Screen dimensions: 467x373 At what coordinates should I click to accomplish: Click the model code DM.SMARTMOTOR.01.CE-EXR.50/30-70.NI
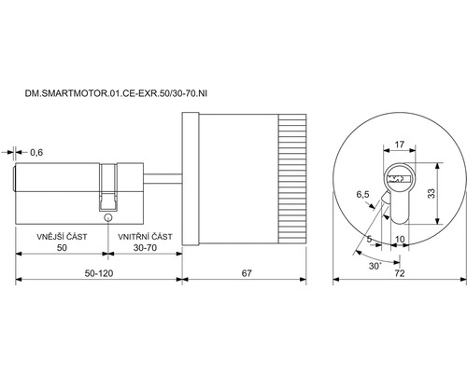point(116,93)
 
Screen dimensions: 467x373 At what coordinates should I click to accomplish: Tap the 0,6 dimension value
point(36,153)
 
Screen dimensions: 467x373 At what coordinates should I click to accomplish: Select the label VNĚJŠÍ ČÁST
point(62,237)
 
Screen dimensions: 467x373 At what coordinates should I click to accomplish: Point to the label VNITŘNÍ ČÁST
point(145,237)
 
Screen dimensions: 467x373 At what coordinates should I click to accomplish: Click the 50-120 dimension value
point(99,273)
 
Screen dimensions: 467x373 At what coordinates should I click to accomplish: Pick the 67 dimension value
point(247,273)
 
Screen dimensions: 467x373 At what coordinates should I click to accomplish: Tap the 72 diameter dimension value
point(400,273)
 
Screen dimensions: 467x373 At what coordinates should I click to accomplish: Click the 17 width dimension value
point(400,145)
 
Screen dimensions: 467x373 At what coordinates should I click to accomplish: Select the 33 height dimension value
point(432,193)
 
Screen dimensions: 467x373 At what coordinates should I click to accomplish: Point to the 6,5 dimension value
point(362,195)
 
